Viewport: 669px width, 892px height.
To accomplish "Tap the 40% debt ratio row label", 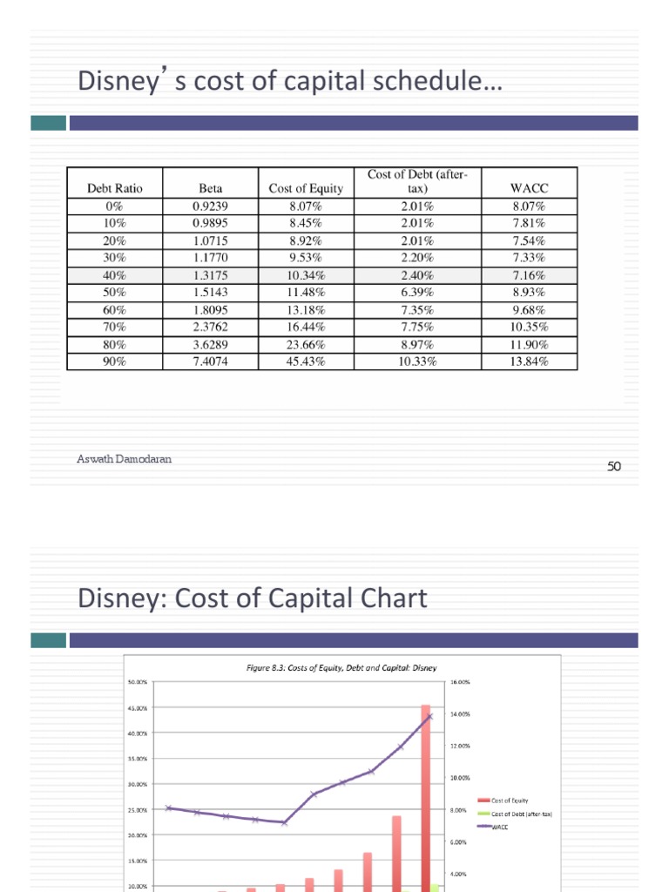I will pyautogui.click(x=114, y=274).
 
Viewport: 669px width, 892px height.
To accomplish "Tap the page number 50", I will pyautogui.click(x=614, y=467).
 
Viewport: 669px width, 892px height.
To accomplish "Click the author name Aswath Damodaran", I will pyautogui.click(x=124, y=459).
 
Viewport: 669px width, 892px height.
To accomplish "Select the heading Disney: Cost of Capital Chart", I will pyautogui.click(x=253, y=598).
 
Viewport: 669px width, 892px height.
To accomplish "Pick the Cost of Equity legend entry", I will pyautogui.click(x=510, y=801).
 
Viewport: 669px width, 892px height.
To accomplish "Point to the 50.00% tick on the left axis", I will pyautogui.click(x=137, y=682).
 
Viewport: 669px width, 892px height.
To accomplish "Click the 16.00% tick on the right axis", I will pyautogui.click(x=459, y=682).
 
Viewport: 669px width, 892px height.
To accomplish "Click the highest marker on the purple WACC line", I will pyautogui.click(x=429, y=717).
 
